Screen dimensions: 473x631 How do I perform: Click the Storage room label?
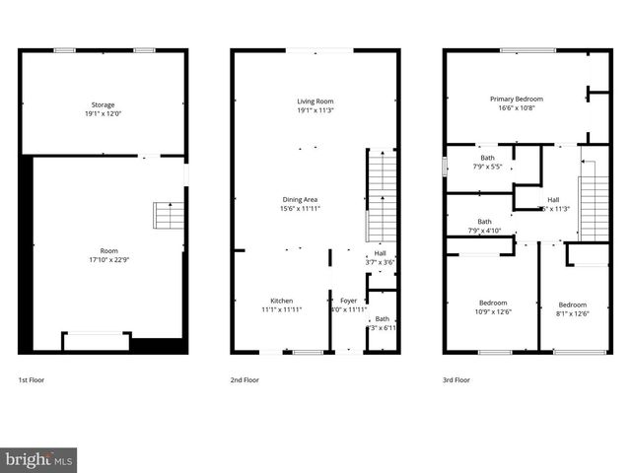[x=104, y=104]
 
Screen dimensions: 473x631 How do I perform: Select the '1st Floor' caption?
[x=31, y=379]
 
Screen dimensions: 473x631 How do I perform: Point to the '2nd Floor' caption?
[x=245, y=379]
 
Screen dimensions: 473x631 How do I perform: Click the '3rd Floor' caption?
[x=456, y=379]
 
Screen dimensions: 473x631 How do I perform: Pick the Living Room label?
[x=315, y=101]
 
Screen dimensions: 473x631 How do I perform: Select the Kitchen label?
[x=282, y=301]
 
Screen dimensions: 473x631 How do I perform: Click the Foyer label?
[x=349, y=301]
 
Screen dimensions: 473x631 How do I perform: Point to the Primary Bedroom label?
[x=517, y=99]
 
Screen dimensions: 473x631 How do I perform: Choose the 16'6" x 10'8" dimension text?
[x=517, y=108]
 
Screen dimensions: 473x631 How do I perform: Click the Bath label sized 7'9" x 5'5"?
[x=487, y=158]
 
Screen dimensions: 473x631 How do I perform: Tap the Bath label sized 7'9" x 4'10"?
[x=484, y=222]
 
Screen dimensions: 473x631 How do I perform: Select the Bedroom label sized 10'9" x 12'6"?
[x=494, y=304]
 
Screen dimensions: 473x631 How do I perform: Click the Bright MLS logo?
[x=38, y=459]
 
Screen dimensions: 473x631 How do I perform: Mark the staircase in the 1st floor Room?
[x=169, y=216]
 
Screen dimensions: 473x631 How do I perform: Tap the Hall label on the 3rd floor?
[x=553, y=199]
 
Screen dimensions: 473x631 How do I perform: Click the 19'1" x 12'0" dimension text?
[x=104, y=114]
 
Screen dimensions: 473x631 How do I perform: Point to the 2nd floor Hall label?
[x=380, y=253]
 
